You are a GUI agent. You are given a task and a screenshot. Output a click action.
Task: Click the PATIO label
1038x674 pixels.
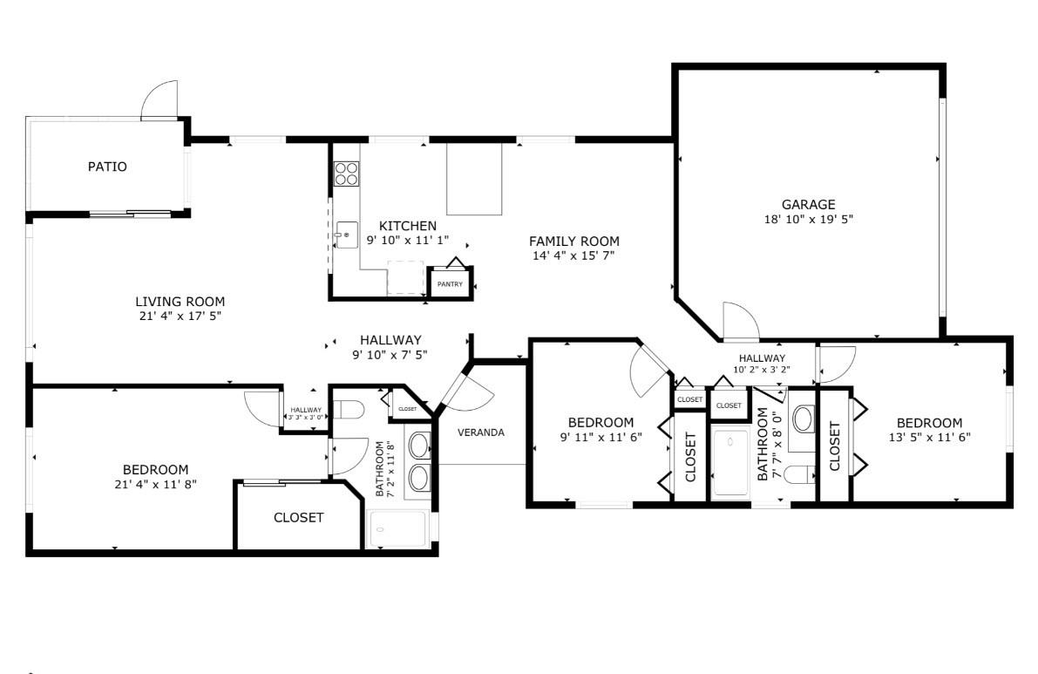[x=107, y=167]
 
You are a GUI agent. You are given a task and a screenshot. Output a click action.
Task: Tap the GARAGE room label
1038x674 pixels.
[x=808, y=205]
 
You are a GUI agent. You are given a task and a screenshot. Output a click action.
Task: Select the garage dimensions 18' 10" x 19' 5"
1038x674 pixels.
[x=808, y=219]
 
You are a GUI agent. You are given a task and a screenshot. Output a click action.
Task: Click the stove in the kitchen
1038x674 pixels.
[x=346, y=174]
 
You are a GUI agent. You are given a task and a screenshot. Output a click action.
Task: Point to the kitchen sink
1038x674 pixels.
[x=345, y=235]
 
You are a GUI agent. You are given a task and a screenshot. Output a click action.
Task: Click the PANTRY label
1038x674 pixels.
[x=451, y=284]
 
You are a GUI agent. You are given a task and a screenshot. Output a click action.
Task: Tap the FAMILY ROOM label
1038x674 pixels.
[x=574, y=242]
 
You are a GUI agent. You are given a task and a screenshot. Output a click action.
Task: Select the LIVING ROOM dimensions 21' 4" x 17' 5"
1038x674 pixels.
[x=180, y=316]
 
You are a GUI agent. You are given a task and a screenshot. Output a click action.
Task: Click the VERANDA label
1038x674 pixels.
[x=481, y=432]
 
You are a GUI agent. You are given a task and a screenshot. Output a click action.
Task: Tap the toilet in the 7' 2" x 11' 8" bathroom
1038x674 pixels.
[x=347, y=410]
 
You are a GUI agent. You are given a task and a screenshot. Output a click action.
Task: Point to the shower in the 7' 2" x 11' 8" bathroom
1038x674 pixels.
[x=397, y=529]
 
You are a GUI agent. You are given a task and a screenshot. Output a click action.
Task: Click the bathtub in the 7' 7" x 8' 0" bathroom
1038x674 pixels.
[x=730, y=462]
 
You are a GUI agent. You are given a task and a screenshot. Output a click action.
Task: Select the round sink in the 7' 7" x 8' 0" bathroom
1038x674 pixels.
[x=804, y=419]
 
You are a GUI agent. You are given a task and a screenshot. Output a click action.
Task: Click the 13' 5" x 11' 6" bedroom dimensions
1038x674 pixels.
[x=929, y=437]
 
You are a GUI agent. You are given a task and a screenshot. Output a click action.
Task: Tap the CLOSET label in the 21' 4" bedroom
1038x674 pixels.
[x=299, y=518]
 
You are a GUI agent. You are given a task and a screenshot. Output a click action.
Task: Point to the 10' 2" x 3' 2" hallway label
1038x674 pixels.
[x=762, y=364]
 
